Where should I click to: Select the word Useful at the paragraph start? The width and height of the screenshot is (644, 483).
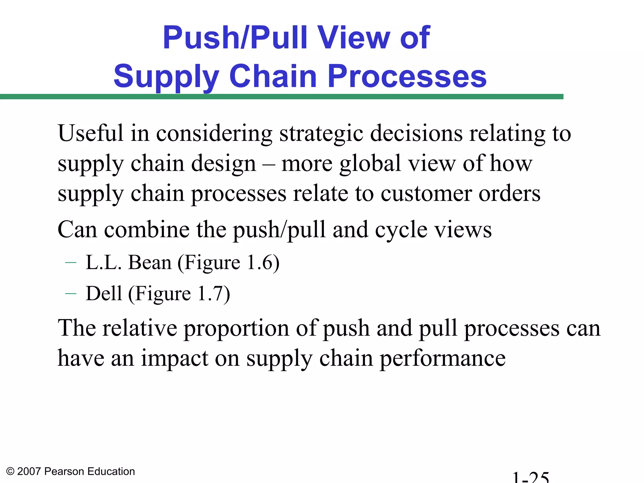(x=90, y=133)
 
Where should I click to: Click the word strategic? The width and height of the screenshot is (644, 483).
(x=321, y=134)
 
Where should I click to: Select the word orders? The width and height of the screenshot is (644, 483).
(x=509, y=194)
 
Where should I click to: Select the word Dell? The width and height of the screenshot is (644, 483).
(x=104, y=293)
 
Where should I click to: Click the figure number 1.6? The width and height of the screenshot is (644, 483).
(x=259, y=263)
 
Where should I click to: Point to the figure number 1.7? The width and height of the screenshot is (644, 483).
(x=210, y=293)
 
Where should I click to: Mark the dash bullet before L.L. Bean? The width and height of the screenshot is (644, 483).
(x=71, y=263)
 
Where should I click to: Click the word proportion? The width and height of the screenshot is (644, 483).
(x=236, y=329)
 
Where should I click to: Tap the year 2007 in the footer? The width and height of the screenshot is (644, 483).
(x=29, y=471)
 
